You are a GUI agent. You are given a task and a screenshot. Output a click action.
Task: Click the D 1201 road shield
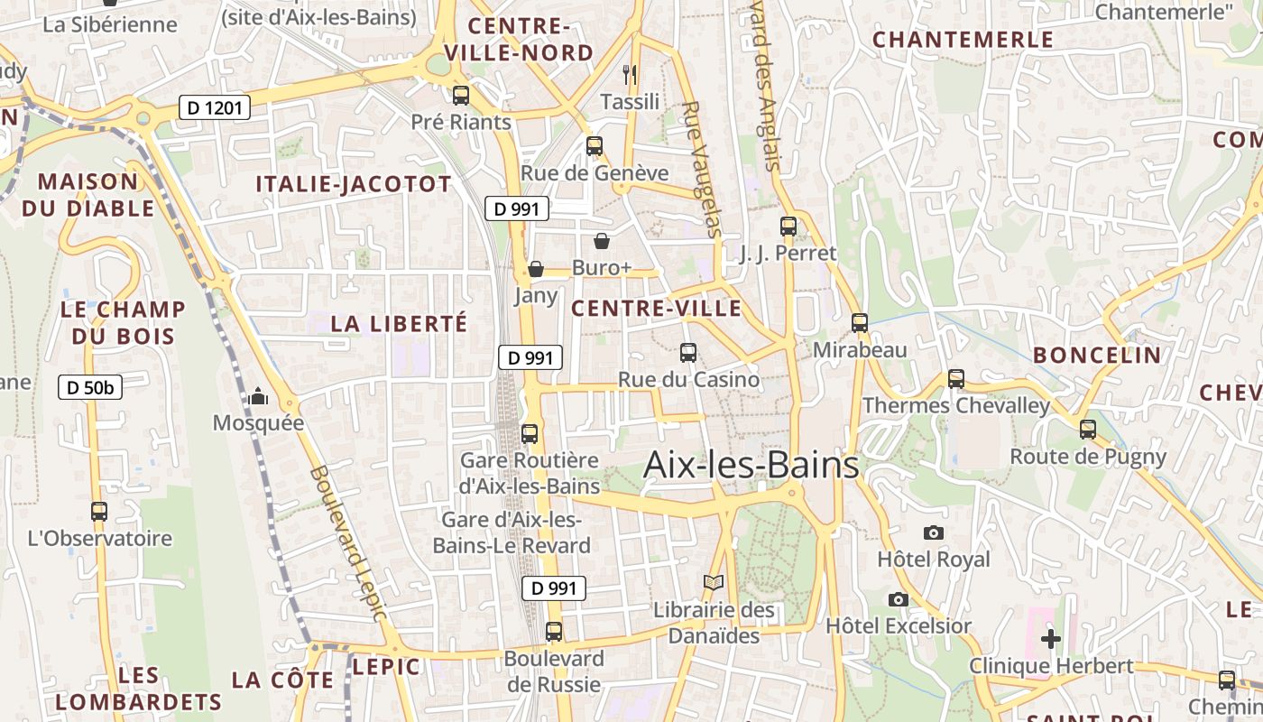[x=213, y=108]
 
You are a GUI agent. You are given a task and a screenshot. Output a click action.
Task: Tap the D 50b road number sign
[x=90, y=387]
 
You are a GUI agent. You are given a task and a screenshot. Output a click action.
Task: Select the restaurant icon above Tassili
[x=630, y=74]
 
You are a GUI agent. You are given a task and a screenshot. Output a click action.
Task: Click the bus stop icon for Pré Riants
[x=461, y=95]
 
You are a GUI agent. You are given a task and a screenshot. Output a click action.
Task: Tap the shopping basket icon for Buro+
[x=602, y=241]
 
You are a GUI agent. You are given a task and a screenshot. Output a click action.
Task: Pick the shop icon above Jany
[x=536, y=269]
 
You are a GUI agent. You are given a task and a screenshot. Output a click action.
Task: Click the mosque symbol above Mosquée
[x=258, y=396]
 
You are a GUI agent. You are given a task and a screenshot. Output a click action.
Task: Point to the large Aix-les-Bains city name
[x=751, y=466]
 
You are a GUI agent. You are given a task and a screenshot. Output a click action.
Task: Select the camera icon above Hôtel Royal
[x=934, y=532]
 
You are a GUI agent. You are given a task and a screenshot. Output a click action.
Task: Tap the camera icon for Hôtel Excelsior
[x=898, y=599]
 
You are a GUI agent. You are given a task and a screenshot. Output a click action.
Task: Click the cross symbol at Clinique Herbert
[x=1050, y=639]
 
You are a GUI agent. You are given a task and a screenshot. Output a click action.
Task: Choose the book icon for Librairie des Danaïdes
[x=714, y=583]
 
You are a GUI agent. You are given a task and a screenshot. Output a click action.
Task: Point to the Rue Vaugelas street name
[x=702, y=169]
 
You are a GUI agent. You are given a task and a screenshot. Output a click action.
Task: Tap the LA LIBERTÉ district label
[x=399, y=323]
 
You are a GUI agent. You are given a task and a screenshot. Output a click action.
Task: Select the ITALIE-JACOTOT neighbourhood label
[x=353, y=184]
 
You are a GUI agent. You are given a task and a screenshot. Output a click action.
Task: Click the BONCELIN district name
[x=1097, y=355]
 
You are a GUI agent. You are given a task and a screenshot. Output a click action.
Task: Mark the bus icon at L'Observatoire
[x=99, y=512]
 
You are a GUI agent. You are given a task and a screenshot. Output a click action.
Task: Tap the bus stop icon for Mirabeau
[x=860, y=322]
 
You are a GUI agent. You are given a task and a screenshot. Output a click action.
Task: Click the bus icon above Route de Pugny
[x=1088, y=430]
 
